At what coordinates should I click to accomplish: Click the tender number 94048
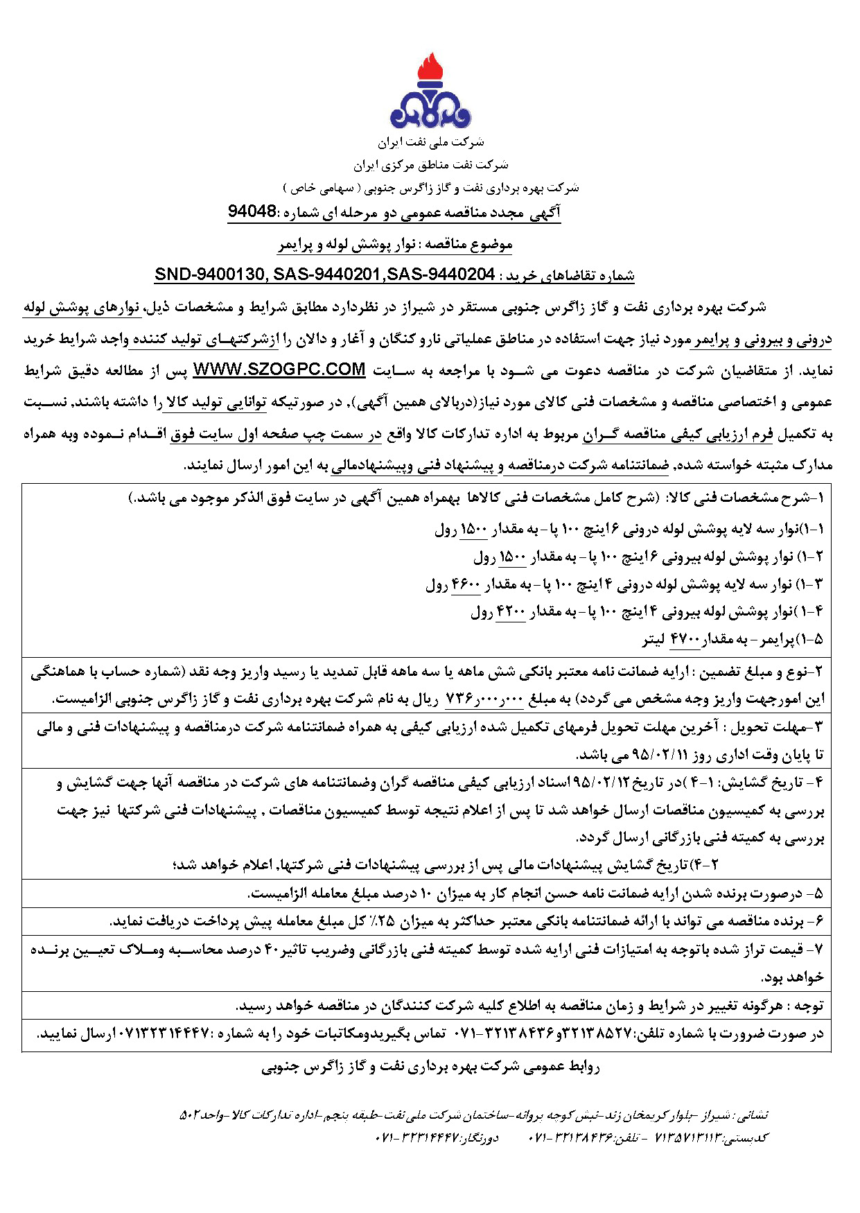coord(252,211)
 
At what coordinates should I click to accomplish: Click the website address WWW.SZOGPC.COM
coord(279,369)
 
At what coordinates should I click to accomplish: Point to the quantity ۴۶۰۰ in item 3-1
coord(466,585)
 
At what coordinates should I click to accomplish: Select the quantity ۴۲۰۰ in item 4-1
coord(511,613)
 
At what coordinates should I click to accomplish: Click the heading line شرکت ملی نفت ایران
coord(430,143)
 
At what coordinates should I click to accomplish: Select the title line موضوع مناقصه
coord(395,244)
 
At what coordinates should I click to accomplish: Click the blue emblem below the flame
coord(430,111)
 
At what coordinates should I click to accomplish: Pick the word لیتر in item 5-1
coord(654,640)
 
